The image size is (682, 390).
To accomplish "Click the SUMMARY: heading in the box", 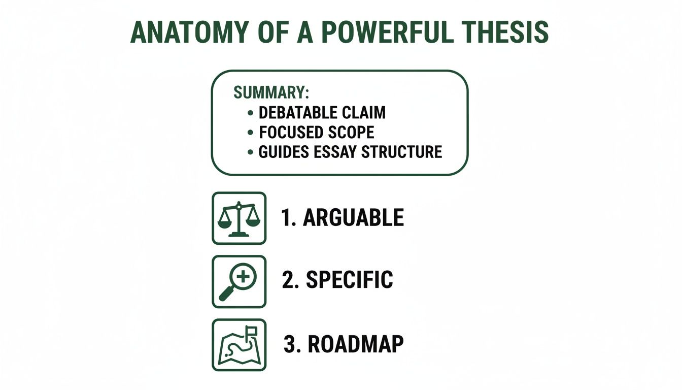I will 271,93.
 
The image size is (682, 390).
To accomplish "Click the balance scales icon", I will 238,218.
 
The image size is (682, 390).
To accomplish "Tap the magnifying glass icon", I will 238,281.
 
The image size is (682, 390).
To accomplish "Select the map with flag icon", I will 238,345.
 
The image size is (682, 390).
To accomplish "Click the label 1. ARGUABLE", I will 343,218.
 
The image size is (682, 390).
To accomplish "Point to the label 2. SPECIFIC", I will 337,280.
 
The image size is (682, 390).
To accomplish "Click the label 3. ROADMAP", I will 344,344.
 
